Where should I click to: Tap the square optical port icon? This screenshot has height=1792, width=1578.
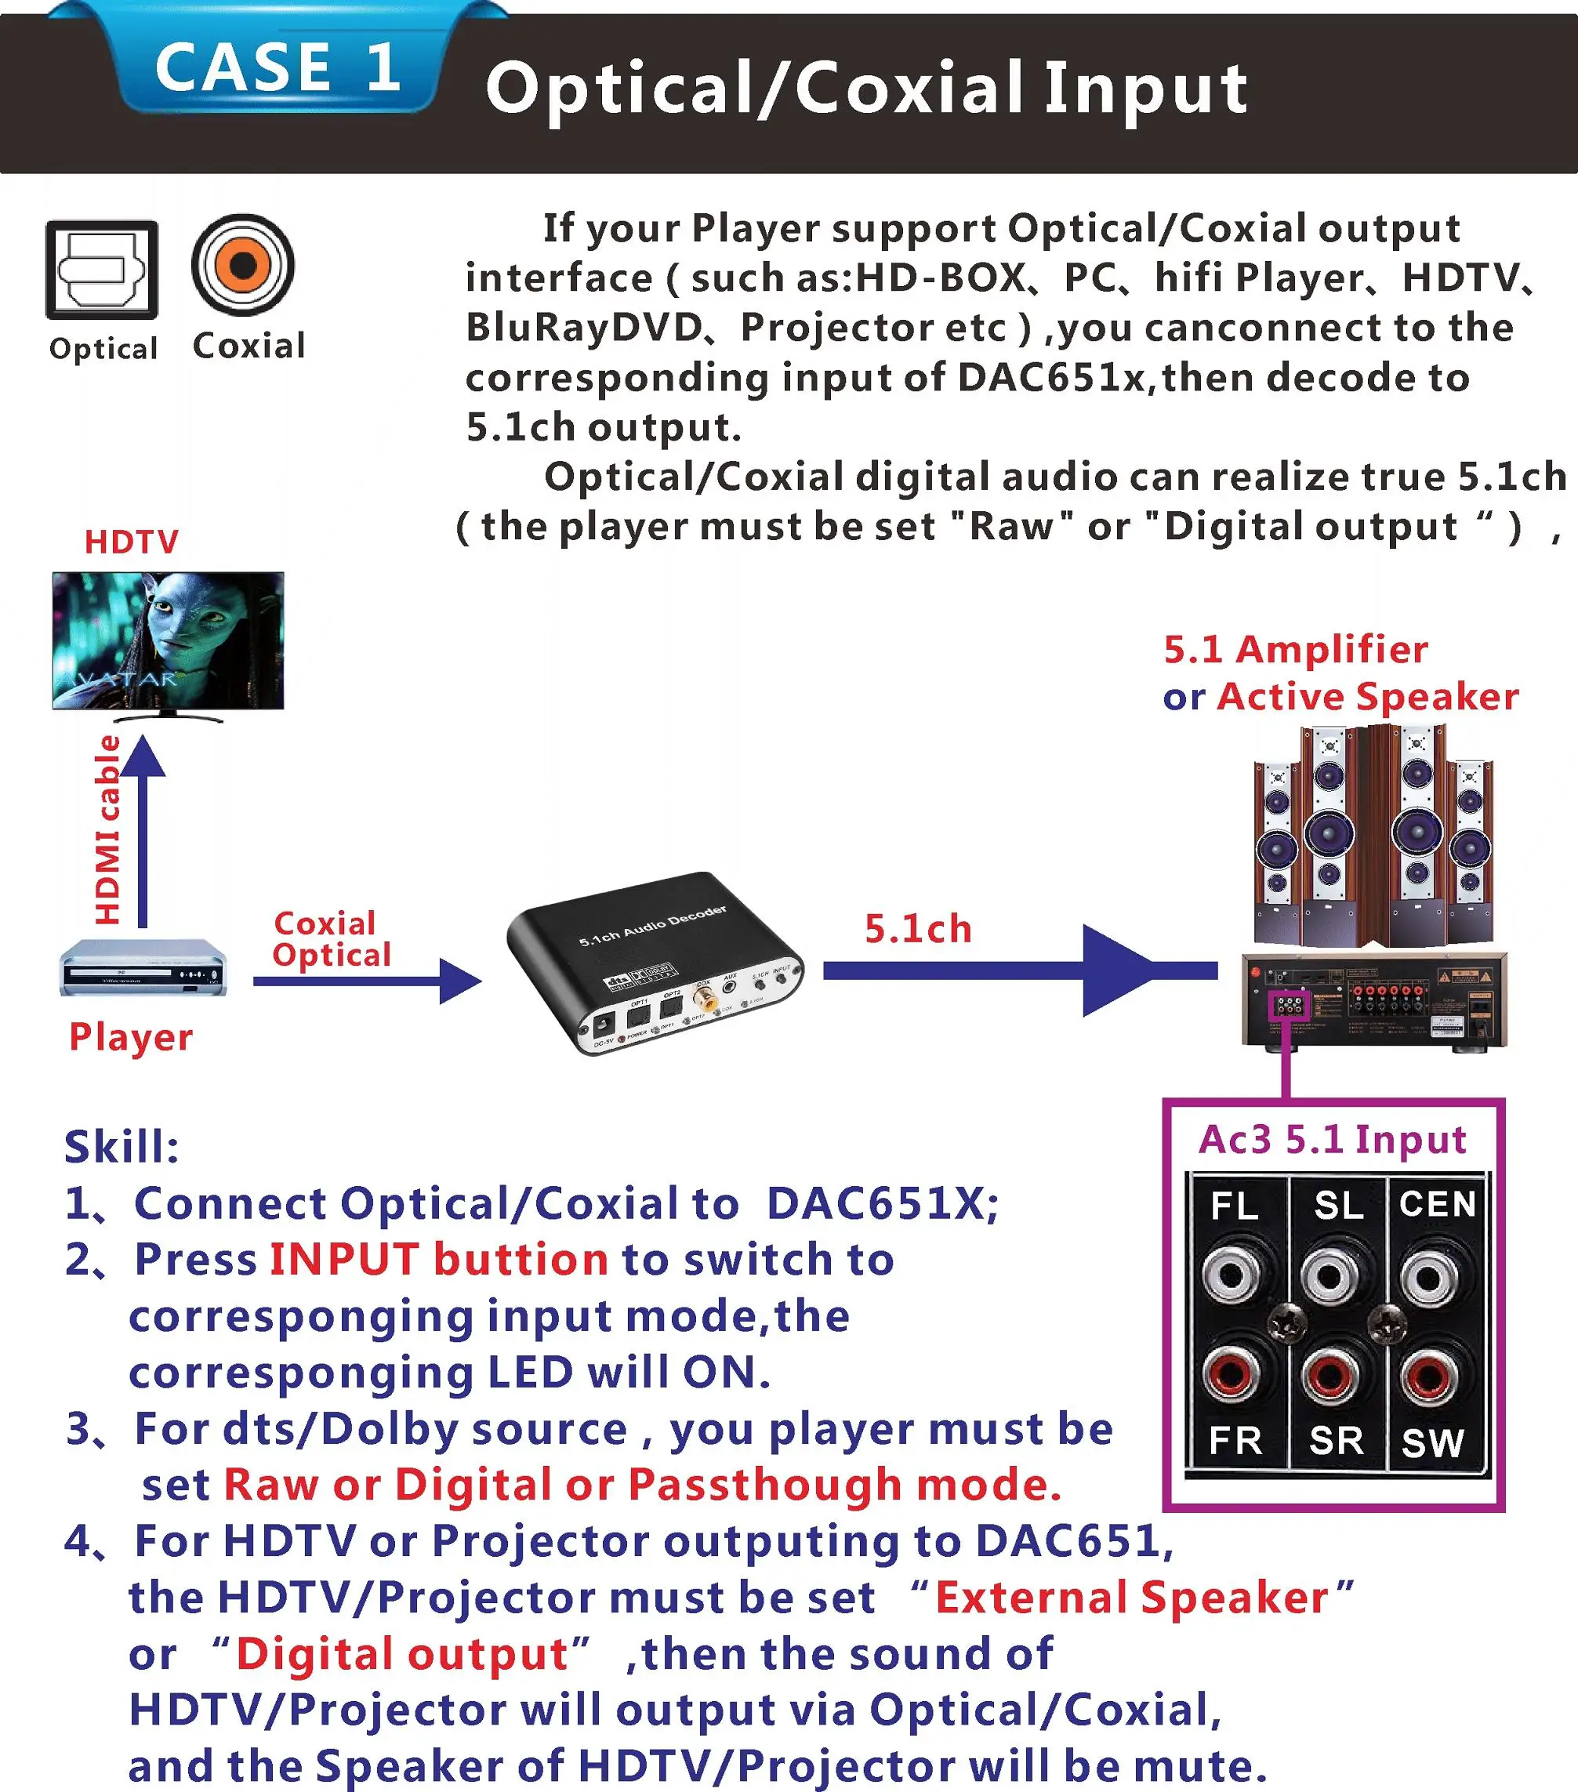click(102, 269)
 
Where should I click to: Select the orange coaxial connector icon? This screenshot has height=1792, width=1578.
click(243, 265)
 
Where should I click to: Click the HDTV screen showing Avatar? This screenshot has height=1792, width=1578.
click(169, 640)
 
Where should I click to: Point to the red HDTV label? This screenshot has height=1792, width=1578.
click(132, 542)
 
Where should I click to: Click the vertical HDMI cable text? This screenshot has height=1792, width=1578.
click(108, 829)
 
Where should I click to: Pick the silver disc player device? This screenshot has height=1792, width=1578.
click(143, 968)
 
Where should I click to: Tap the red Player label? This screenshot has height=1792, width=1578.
click(131, 1036)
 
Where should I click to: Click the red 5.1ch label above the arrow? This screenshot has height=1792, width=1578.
click(918, 929)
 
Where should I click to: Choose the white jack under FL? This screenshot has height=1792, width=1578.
click(1232, 1275)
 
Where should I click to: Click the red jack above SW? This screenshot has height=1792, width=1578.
click(1429, 1375)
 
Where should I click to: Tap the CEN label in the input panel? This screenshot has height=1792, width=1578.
click(1437, 1205)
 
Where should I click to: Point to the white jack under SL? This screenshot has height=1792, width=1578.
click(1331, 1275)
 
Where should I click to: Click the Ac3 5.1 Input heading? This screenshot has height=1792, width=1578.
click(1332, 1139)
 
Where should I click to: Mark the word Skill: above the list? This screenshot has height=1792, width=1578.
click(122, 1146)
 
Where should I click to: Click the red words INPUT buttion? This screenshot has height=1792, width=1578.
click(438, 1259)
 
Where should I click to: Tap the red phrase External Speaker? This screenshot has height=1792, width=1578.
click(1132, 1598)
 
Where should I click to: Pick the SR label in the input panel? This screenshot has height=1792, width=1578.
click(1336, 1441)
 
